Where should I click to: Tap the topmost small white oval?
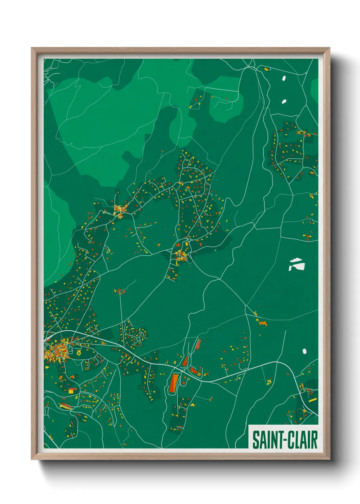(x=284, y=78)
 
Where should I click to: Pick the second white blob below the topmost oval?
(x=284, y=101)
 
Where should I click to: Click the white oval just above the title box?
(x=305, y=351)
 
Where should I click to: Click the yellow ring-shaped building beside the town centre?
(x=79, y=353)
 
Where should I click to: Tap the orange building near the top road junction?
(x=266, y=69)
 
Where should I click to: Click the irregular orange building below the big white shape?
(x=262, y=322)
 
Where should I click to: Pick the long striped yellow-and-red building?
(x=66, y=406)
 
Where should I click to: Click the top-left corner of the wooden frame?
(x=32, y=48)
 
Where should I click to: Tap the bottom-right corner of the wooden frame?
(x=329, y=459)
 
